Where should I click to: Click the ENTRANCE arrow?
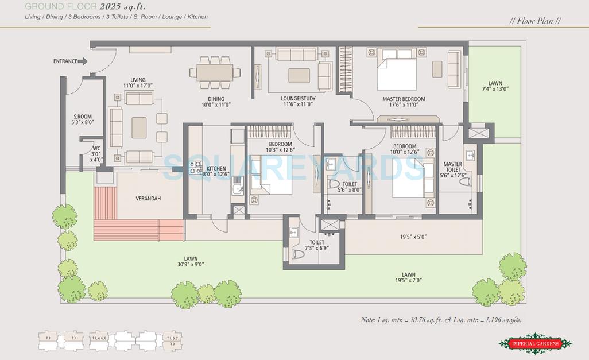point(83,61)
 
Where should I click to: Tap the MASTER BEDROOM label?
point(404,99)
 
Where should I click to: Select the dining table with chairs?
point(215,73)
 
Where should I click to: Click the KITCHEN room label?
point(216,169)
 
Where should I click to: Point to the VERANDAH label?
point(148,199)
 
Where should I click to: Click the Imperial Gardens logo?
point(535,343)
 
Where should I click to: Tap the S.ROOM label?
point(83,117)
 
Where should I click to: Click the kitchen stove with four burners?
point(195,168)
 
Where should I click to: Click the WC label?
point(96,149)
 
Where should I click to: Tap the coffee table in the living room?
point(139,127)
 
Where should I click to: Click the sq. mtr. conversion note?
point(441,320)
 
